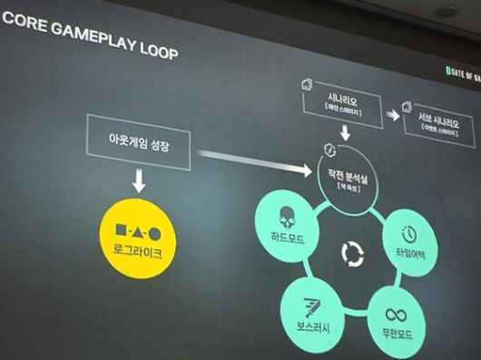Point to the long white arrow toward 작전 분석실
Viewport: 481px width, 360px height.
tap(253, 161)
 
